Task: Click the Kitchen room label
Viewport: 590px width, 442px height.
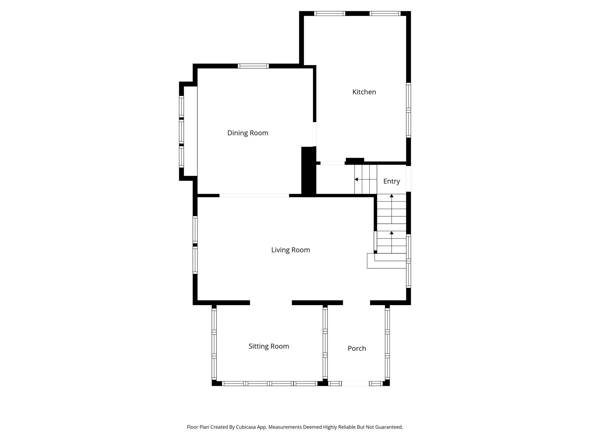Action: click(364, 92)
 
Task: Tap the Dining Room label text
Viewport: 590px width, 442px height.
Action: click(248, 133)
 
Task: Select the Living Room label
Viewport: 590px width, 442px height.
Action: click(290, 250)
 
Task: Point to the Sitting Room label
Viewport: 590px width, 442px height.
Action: click(269, 346)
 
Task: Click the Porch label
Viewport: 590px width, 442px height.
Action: click(357, 348)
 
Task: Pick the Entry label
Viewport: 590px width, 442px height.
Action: click(391, 181)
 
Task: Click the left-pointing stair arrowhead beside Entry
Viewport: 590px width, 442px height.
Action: click(356, 179)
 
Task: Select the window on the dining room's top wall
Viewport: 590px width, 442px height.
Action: click(253, 66)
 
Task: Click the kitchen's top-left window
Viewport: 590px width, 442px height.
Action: click(330, 13)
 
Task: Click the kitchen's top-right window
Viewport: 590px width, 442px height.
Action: click(385, 13)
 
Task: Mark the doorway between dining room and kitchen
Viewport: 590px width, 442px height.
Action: click(315, 134)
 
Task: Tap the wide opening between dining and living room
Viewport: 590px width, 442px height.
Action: click(254, 195)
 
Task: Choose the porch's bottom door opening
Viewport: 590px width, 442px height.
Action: click(355, 384)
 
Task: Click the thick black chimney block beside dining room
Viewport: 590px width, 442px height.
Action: click(308, 171)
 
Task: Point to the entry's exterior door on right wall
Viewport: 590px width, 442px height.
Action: click(408, 179)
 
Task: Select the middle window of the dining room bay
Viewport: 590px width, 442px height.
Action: click(181, 132)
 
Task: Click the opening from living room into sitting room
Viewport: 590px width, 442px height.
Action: click(271, 303)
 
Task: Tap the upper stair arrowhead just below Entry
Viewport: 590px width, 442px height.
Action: click(391, 196)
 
